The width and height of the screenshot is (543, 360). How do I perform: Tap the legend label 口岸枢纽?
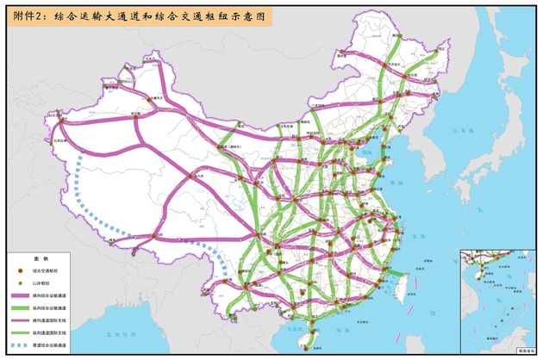click(42, 282)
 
